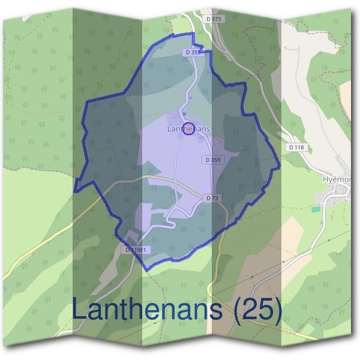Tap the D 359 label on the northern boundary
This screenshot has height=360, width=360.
coord(191,53)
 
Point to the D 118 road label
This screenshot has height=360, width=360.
coord(296,147)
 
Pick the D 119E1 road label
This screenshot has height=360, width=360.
coord(137,249)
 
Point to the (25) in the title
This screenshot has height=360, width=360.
coord(259,311)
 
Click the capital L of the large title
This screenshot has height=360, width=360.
coord(80,310)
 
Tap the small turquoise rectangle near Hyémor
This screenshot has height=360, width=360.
coord(316,209)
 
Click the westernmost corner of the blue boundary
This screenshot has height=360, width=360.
coord(74,191)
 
